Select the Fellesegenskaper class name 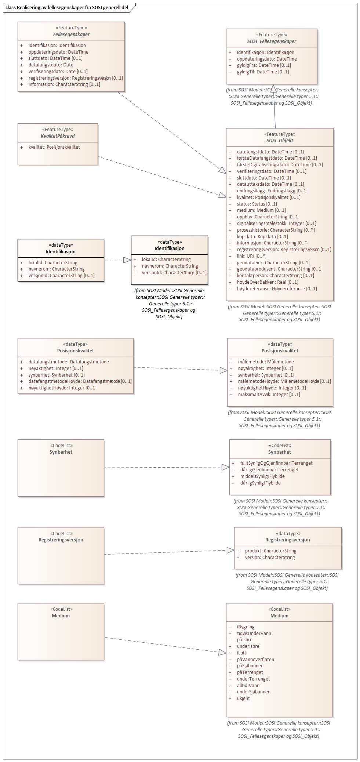[x=71, y=34]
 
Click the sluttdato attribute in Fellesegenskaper [x=55, y=58]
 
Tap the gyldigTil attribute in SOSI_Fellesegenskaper [x=263, y=72]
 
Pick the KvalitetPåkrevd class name [x=58, y=136]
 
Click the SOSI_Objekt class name [x=280, y=140]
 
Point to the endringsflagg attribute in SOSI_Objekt [x=272, y=191]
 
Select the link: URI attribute [x=251, y=256]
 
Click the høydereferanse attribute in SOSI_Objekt [x=277, y=289]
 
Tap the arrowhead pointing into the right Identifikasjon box [x=127, y=260]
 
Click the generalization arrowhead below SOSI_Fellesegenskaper [x=274, y=88]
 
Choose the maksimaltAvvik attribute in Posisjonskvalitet [x=269, y=395]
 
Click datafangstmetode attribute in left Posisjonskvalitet [x=69, y=362]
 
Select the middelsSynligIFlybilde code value [x=262, y=476]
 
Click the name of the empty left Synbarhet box [x=61, y=452]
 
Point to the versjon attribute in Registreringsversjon [x=270, y=558]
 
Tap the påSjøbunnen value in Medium [x=250, y=666]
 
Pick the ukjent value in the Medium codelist [x=243, y=698]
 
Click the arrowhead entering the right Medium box [x=222, y=652]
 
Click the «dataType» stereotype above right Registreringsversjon [x=288, y=533]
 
